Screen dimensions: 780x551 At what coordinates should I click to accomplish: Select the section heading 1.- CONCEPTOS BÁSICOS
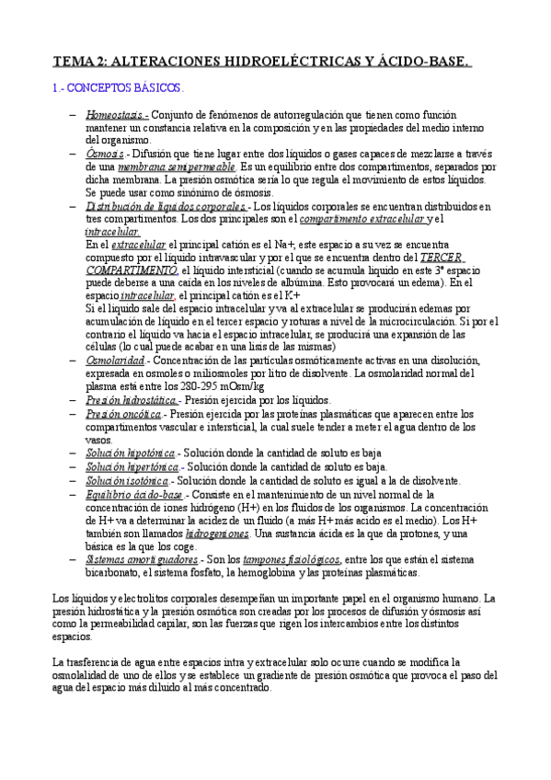click(x=116, y=89)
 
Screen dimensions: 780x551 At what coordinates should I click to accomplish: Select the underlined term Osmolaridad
click(x=118, y=361)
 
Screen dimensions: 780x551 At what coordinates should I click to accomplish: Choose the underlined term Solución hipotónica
click(x=131, y=454)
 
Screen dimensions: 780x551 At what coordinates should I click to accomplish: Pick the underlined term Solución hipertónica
click(x=132, y=467)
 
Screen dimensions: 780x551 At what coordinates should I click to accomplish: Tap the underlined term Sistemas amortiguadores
click(x=141, y=559)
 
